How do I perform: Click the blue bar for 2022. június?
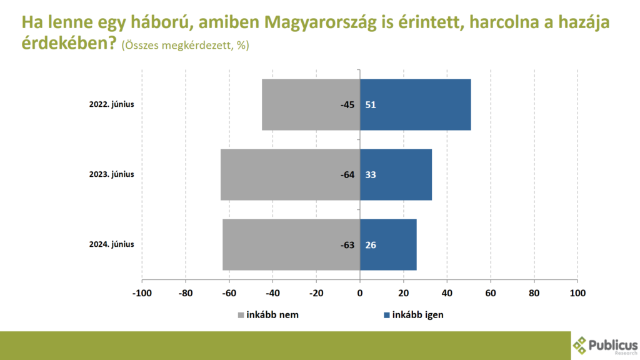415,104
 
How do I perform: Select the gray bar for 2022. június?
311,104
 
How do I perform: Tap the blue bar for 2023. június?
396,175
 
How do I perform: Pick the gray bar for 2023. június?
290,175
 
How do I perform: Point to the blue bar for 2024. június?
388,244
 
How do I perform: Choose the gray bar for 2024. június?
291,244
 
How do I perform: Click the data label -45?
347,105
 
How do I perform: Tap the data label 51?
371,105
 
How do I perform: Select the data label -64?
347,175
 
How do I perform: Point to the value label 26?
371,245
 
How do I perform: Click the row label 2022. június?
111,104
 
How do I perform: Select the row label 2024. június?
111,244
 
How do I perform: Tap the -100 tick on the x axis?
142,293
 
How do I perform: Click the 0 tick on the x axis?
360,293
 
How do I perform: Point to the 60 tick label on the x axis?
491,293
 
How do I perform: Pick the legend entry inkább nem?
268,315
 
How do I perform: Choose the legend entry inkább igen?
414,315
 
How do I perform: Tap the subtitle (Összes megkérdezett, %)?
185,45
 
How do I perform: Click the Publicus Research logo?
605,346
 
